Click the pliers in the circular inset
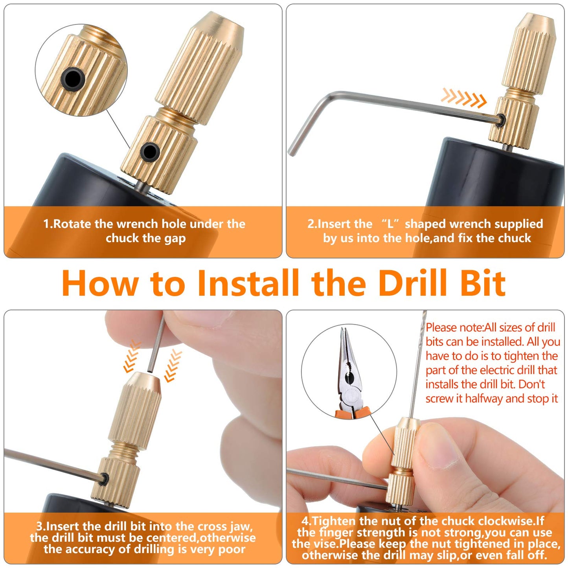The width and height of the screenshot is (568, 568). click(x=349, y=373)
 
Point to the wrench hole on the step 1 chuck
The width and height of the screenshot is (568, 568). click(x=149, y=151)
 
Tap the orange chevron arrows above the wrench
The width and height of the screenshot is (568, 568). click(x=464, y=98)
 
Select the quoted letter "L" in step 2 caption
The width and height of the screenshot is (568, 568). click(x=390, y=224)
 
